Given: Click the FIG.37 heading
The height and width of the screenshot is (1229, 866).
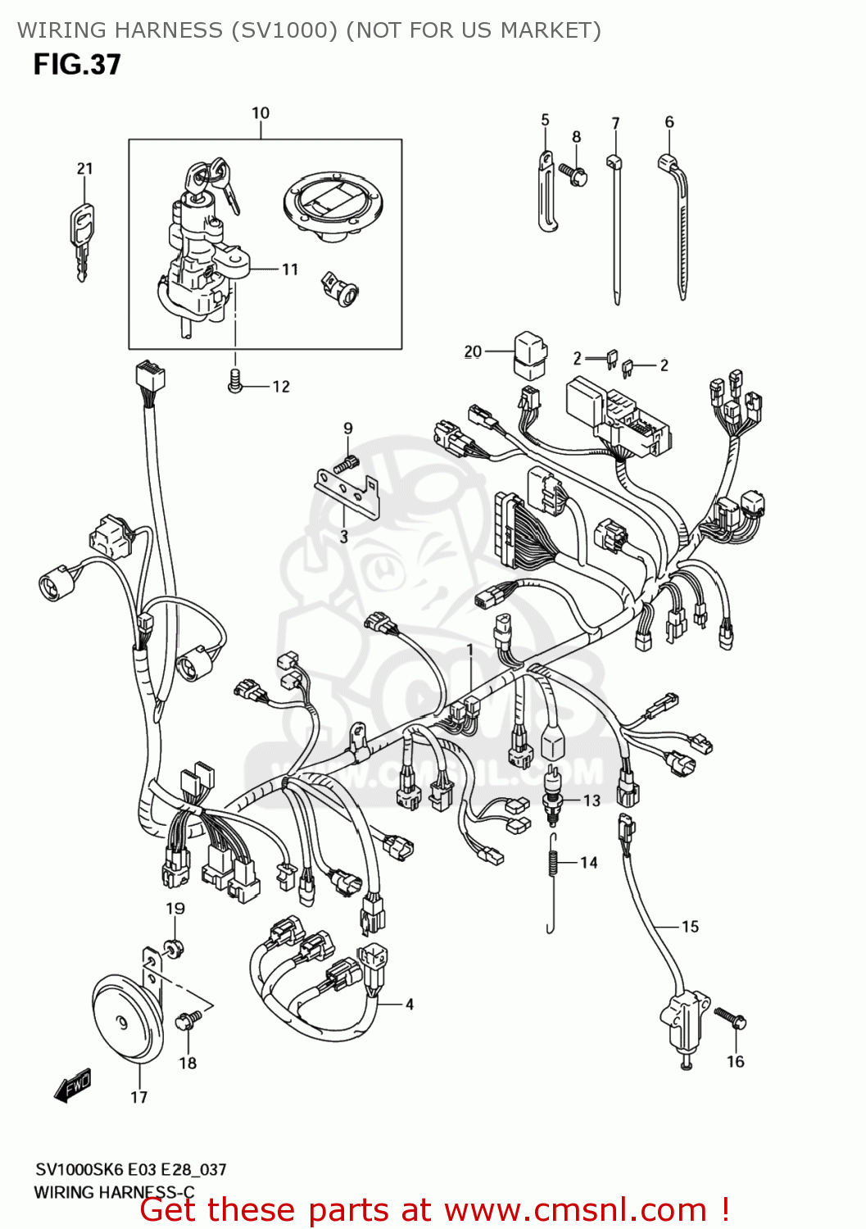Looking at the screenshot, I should coord(77,65).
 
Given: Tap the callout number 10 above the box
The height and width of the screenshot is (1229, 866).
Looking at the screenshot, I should coord(261,113).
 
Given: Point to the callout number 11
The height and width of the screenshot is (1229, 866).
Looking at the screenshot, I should coord(290,270).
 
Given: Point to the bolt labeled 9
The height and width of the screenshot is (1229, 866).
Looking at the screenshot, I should coord(347,465).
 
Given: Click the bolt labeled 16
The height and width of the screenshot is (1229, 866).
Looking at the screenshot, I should coord(730,1018).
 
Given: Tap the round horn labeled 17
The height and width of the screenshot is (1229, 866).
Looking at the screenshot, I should coord(127,1020).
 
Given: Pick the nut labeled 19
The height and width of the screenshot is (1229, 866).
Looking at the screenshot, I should coord(172,949).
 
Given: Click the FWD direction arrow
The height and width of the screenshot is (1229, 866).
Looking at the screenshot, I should coord(72,1086).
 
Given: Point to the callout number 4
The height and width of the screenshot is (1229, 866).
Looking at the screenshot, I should coord(409,1004).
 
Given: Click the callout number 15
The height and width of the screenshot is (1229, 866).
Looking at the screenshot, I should coord(690,927).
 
